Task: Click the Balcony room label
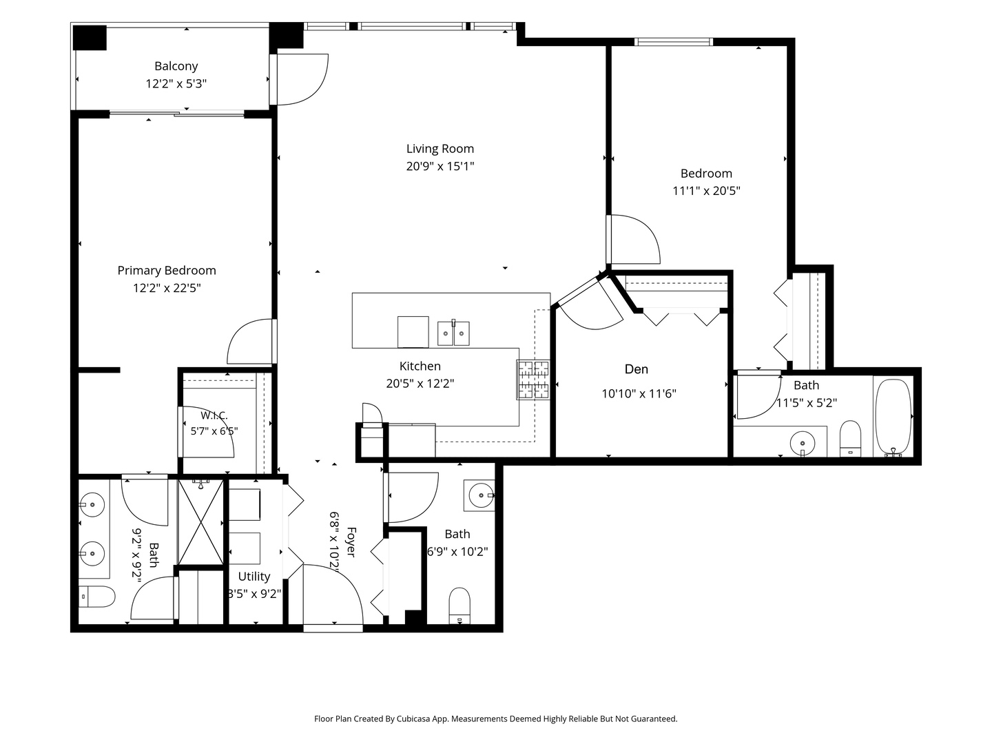click(176, 66)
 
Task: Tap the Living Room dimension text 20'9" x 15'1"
click(440, 166)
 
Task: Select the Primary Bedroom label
click(167, 271)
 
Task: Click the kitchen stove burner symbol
click(533, 380)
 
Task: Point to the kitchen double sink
click(453, 333)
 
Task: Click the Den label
click(637, 369)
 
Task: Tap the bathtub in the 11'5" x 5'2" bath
click(893, 417)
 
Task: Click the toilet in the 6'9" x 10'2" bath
click(459, 606)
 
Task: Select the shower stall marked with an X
click(201, 522)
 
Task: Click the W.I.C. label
click(214, 415)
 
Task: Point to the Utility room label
click(254, 577)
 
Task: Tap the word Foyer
click(351, 542)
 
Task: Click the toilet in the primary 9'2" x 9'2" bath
click(96, 597)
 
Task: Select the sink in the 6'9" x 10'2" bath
click(480, 495)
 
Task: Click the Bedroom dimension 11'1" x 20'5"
click(706, 191)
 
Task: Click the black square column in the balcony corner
click(90, 37)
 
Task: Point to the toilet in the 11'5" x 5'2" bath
click(850, 439)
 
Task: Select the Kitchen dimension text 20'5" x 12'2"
click(420, 384)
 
